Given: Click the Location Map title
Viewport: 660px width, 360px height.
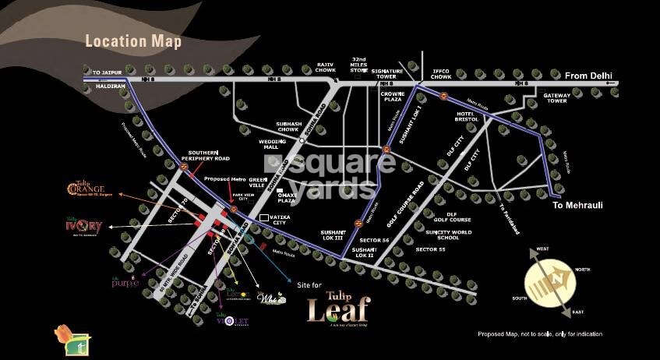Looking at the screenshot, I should tap(132, 41).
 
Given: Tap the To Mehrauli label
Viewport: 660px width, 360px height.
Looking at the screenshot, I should tap(579, 205).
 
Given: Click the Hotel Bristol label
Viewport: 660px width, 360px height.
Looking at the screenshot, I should tap(471, 116).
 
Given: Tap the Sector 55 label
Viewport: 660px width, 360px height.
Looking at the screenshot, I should tap(430, 249).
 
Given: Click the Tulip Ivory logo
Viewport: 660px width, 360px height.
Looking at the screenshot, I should tap(83, 226).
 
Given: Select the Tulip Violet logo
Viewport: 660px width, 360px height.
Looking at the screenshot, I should tap(231, 319).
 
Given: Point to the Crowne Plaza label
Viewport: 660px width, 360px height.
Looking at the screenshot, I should tap(392, 96).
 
